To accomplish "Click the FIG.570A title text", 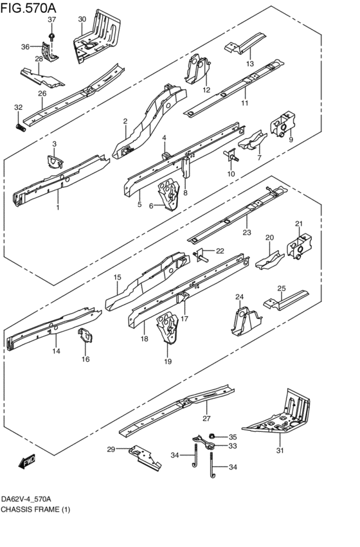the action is [x=28, y=8].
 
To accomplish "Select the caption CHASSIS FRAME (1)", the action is [x=35, y=509].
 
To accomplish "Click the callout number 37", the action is [x=51, y=20].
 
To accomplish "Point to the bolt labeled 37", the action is [x=52, y=37].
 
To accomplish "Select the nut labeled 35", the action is [x=211, y=436].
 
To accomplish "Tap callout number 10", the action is [x=231, y=174].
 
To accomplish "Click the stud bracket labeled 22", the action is [x=201, y=255].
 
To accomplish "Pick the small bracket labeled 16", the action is [x=85, y=336].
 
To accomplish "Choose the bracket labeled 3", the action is [x=55, y=161].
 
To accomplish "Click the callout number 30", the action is [x=82, y=19].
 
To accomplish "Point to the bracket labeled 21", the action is [x=300, y=247].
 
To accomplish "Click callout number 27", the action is [x=206, y=418].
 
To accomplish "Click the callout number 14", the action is [x=56, y=351].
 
